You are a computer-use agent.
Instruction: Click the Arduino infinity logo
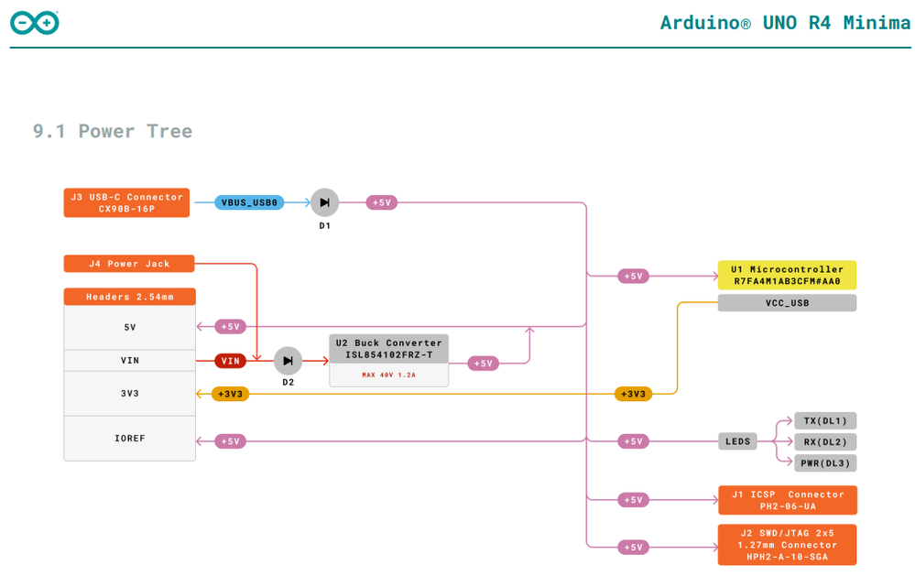(x=35, y=23)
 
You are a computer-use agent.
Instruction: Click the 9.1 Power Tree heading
(x=113, y=131)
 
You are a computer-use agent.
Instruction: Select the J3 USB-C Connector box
(x=126, y=202)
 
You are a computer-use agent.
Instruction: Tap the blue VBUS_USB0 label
(x=249, y=202)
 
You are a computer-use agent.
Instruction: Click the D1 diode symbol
(x=324, y=202)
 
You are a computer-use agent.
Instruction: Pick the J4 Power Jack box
(x=129, y=264)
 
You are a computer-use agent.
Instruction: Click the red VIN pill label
(x=231, y=361)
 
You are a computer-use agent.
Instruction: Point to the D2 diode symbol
(x=288, y=361)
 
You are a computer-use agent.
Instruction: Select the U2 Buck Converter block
(x=388, y=349)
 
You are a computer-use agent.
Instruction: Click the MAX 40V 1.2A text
(x=388, y=375)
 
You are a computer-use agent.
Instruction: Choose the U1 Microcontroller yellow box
(x=787, y=276)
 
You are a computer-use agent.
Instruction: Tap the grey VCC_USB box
(x=787, y=303)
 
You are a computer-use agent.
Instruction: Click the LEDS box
(x=737, y=441)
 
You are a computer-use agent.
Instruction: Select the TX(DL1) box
(x=825, y=421)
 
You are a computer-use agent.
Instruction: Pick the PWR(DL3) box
(x=825, y=462)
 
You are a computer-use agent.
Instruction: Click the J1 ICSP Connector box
(x=787, y=500)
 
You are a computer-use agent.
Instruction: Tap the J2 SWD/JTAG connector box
(x=787, y=545)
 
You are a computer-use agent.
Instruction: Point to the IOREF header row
(x=129, y=439)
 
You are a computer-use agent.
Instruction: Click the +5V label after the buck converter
(x=484, y=364)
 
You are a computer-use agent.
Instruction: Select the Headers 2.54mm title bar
(x=129, y=297)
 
